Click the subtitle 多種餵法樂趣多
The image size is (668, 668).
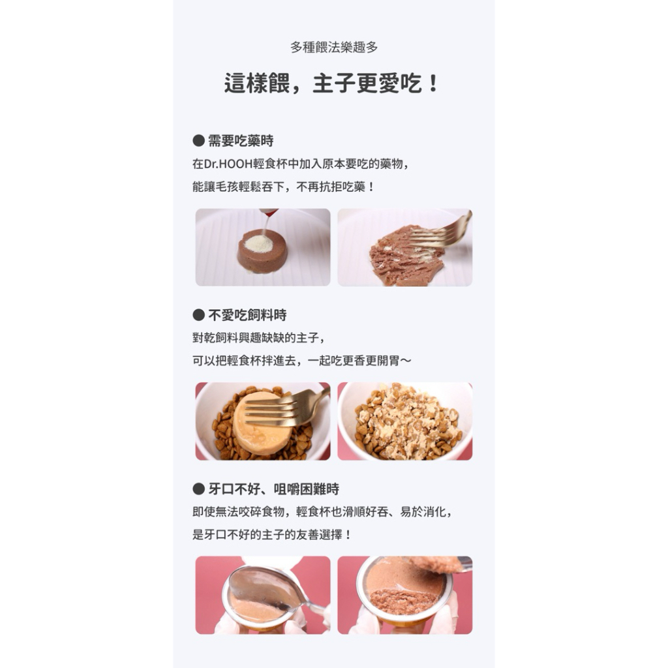pyautogui.click(x=334, y=47)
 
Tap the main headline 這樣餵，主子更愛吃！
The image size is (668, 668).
pyautogui.click(x=331, y=83)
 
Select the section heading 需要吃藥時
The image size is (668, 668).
pyautogui.click(x=241, y=141)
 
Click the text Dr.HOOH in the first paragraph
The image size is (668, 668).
pyautogui.click(x=228, y=164)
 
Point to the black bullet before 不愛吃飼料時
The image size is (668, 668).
pyautogui.click(x=198, y=315)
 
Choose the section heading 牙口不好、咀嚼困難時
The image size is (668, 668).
pyautogui.click(x=273, y=489)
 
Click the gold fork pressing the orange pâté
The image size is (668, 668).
pyautogui.click(x=288, y=410)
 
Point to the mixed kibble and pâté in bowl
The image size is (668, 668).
pyautogui.click(x=407, y=422)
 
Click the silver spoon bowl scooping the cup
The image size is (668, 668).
pyautogui.click(x=264, y=588)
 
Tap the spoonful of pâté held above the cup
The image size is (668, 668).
pyautogui.click(x=436, y=564)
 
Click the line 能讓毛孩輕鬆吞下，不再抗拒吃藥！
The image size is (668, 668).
pyautogui.click(x=283, y=187)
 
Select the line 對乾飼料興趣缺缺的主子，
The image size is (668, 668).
pyautogui.click(x=259, y=338)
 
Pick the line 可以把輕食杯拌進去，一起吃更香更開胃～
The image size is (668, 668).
pyautogui.click(x=302, y=361)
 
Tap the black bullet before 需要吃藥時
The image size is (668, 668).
pyautogui.click(x=198, y=141)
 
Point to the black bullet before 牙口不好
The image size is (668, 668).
pyautogui.click(x=198, y=489)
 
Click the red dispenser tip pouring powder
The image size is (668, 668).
pyautogui.click(x=269, y=212)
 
